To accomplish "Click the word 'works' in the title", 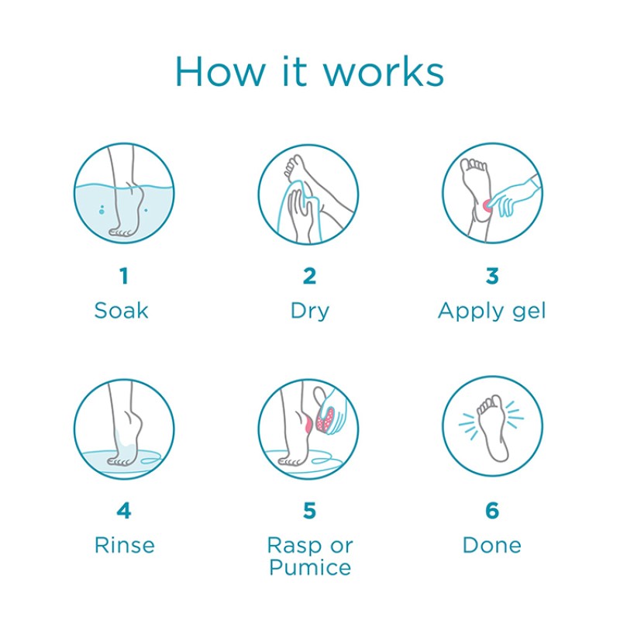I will tap(384, 71).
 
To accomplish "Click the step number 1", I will tap(122, 276).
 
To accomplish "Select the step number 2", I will tap(309, 276).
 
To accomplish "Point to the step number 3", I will tap(492, 276).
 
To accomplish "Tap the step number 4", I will tap(122, 511).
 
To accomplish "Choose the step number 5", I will tap(309, 511).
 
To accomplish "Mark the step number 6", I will tap(492, 511).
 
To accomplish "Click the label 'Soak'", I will tap(122, 311).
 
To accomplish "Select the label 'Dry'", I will tap(309, 312).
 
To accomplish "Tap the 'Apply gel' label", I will tap(492, 312).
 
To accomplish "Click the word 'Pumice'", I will tap(309, 567).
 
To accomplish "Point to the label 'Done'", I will tap(492, 545).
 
